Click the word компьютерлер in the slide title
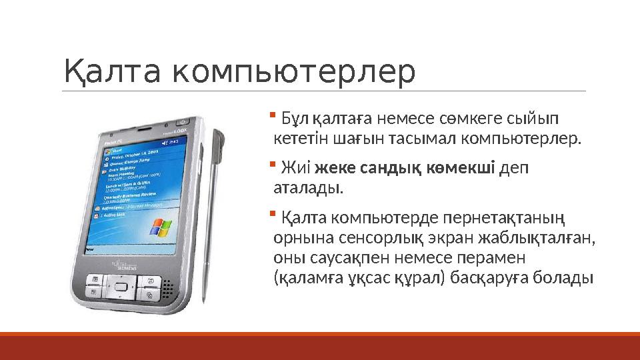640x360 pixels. (x=293, y=73)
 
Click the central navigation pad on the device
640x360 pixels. (x=121, y=287)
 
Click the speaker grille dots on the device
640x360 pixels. (x=167, y=288)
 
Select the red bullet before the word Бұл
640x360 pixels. (x=273, y=115)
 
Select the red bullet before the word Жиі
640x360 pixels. (x=273, y=163)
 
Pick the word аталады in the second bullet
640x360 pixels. (x=309, y=189)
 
